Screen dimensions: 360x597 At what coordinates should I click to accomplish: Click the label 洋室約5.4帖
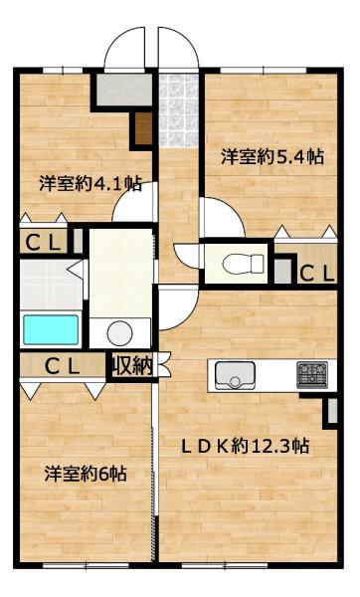pyautogui.click(x=272, y=156)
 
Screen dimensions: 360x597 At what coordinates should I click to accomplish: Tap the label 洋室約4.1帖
pyautogui.click(x=90, y=184)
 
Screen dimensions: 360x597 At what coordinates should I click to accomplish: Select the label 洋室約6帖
pyautogui.click(x=86, y=474)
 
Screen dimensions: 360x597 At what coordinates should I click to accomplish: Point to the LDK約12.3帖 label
pyautogui.click(x=245, y=446)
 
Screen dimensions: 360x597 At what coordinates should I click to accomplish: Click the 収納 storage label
pyautogui.click(x=132, y=366)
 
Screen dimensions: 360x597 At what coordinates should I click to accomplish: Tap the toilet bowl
pyautogui.click(x=244, y=264)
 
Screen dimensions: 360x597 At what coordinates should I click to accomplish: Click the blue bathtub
pyautogui.click(x=51, y=329)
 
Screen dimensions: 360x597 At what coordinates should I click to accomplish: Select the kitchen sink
pyautogui.click(x=235, y=375)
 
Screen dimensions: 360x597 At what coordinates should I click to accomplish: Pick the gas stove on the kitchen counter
pyautogui.click(x=312, y=375)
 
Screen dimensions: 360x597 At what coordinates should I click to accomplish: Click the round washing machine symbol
pyautogui.click(x=119, y=333)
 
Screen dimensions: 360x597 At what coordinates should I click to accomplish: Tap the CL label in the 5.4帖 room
pyautogui.click(x=317, y=273)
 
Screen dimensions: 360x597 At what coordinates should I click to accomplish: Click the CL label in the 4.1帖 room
pyautogui.click(x=43, y=243)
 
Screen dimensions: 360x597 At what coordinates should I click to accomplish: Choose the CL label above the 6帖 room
pyautogui.click(x=62, y=366)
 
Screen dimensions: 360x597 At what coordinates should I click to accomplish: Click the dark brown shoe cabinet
pyautogui.click(x=143, y=128)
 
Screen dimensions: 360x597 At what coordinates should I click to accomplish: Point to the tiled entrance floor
pyautogui.click(x=178, y=110)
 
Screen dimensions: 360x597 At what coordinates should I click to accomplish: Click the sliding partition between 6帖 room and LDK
pyautogui.click(x=154, y=465)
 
